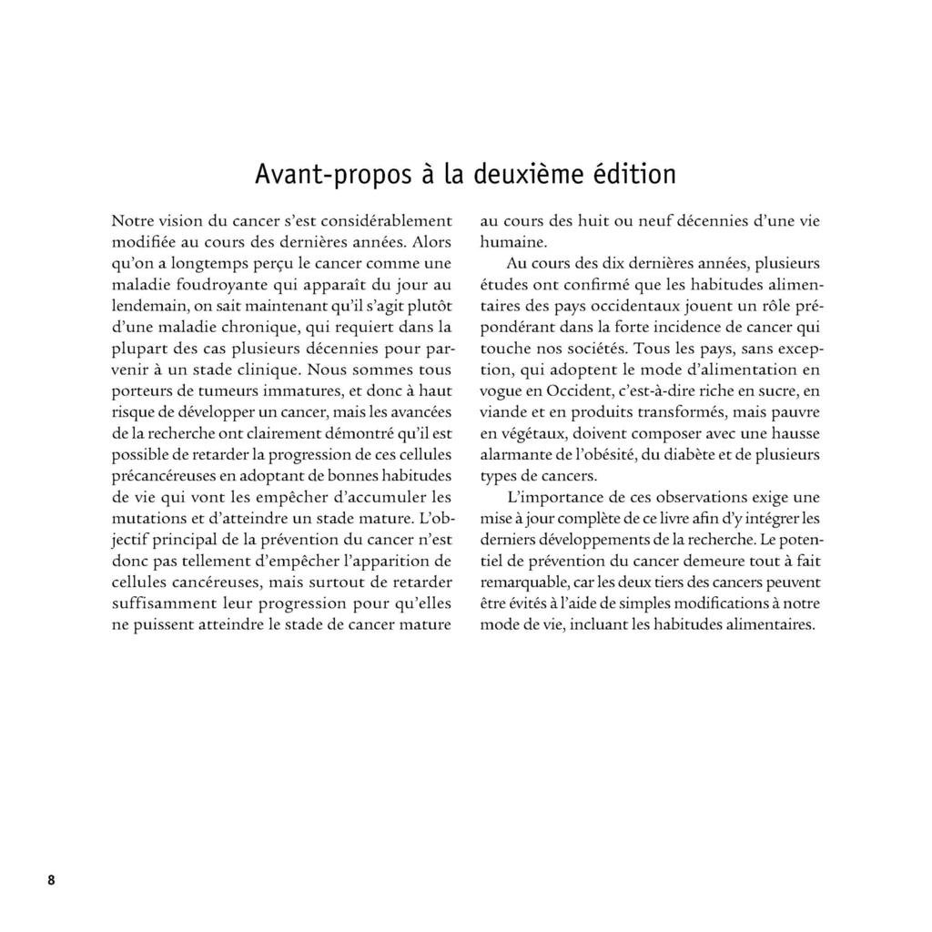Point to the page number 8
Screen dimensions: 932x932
click(x=52, y=879)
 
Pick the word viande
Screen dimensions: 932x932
click(x=503, y=413)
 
